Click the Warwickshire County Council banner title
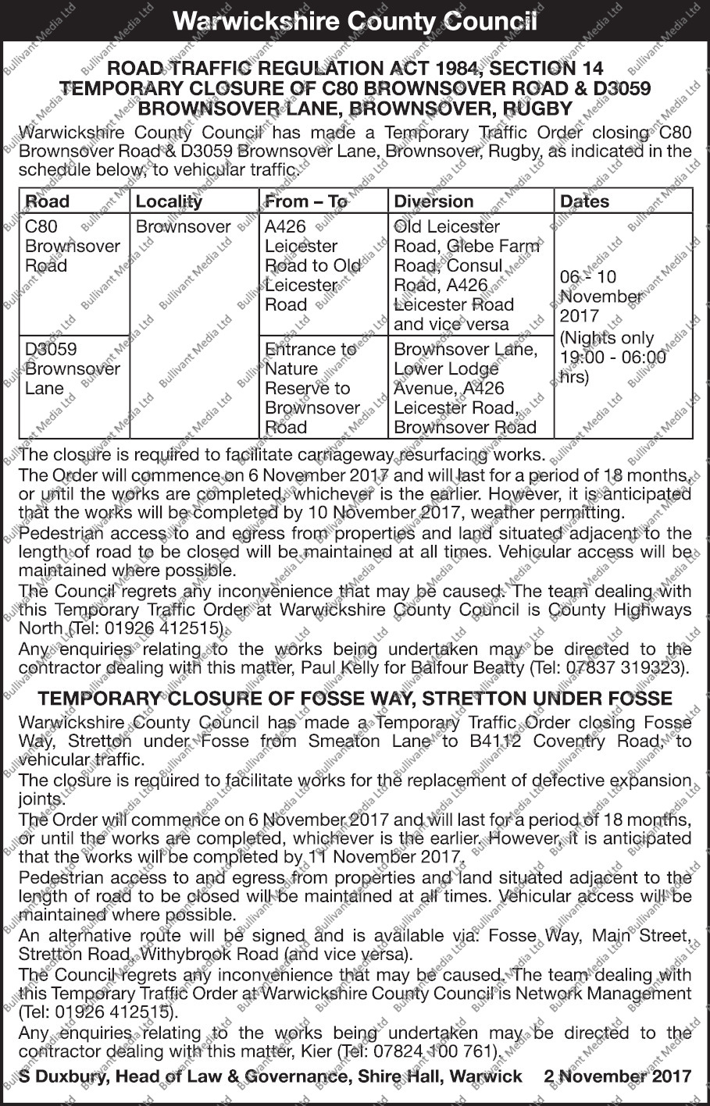pos(355,20)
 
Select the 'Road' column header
pos(48,201)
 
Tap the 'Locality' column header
pos(169,201)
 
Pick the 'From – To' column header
pos(305,201)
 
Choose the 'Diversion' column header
pos(433,201)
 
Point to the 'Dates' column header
pos(584,201)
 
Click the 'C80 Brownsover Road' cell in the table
pos(73,246)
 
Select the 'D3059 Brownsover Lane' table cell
pos(73,368)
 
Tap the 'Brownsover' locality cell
pos(184,227)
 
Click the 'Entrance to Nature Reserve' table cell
pos(312,388)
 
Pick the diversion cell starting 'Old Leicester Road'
pos(466,275)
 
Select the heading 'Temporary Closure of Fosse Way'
pos(355,698)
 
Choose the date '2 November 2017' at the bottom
pos(617,1076)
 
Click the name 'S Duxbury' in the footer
pos(62,1076)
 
